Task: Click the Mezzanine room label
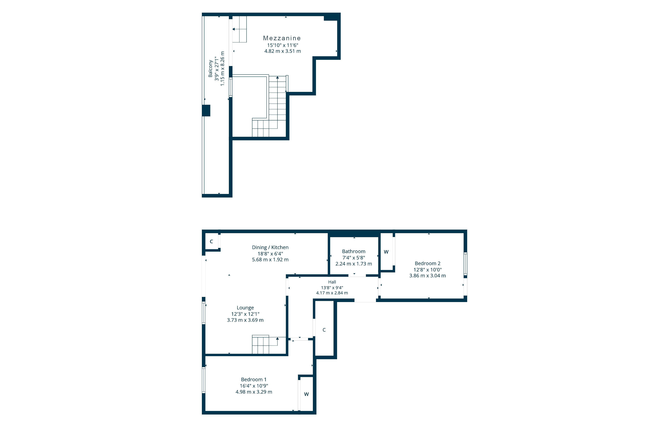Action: pos(282,38)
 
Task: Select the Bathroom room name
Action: pos(354,251)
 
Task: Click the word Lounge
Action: pos(245,308)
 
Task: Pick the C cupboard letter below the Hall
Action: pos(324,330)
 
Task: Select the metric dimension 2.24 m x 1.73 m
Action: pos(354,264)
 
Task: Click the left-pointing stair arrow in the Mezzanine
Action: pos(233,29)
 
